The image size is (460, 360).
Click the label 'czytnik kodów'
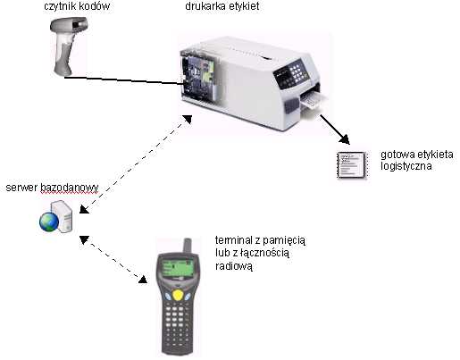point(77,6)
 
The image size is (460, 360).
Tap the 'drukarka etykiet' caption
point(222,6)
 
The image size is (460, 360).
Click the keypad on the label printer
point(297,71)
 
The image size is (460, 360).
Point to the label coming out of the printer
point(314,101)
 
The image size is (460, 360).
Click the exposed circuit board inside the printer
point(197,78)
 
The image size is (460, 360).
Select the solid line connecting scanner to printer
point(124,80)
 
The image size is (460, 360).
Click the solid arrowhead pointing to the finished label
point(345,139)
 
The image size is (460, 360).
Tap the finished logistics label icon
point(352,165)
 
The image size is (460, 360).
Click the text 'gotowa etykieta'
point(417,155)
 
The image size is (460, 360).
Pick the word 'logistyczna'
point(406,166)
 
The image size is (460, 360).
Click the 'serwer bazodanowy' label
point(52,188)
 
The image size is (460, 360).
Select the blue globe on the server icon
point(49,222)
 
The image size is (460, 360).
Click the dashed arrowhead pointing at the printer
point(187,119)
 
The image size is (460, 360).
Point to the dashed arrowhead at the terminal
point(143,279)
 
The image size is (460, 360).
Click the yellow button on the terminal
point(178,295)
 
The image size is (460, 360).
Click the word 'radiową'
point(234,266)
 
